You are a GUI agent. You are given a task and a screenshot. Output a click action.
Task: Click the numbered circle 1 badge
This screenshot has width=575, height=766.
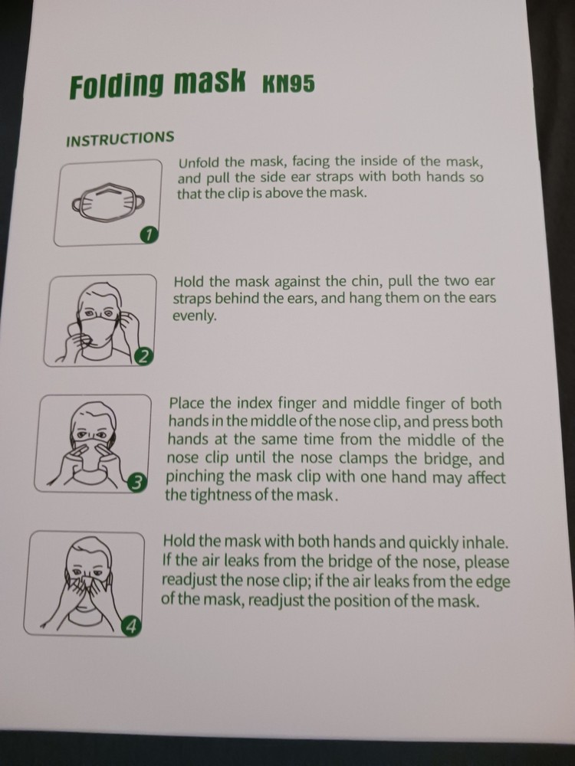click(x=149, y=235)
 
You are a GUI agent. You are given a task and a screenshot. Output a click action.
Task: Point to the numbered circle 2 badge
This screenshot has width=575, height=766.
click(x=144, y=355)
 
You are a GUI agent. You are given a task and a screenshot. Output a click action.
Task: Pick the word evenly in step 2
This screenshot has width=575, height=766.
click(x=195, y=316)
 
